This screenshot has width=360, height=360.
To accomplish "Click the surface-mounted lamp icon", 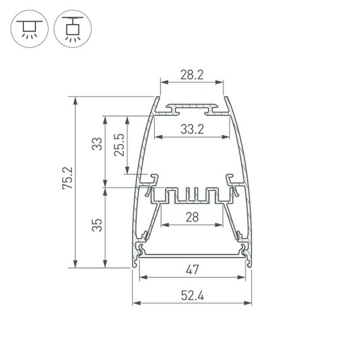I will (x=28, y=30).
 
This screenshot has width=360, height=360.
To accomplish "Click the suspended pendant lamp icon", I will (x=71, y=30).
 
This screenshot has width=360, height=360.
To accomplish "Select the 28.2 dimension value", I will (x=192, y=75).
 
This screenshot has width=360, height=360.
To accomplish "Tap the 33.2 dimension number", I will (x=192, y=129).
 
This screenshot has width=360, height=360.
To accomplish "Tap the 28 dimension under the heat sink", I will (x=193, y=217).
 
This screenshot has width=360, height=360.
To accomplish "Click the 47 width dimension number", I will (x=193, y=270).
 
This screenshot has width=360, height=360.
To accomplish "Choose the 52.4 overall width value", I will (x=193, y=295).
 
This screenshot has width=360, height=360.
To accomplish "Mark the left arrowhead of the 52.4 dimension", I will (x=135, y=303).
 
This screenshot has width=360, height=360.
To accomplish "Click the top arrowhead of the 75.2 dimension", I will (x=76, y=100).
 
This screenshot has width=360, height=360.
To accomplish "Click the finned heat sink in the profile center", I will (x=192, y=195).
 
